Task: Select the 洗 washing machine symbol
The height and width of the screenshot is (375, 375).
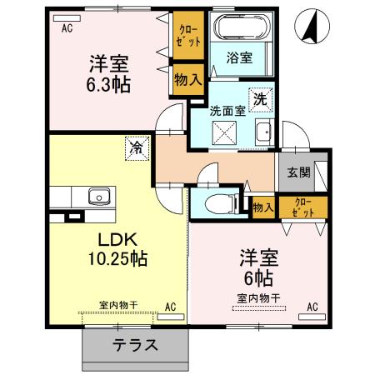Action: (x=261, y=97)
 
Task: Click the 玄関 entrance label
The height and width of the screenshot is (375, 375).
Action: (x=299, y=172)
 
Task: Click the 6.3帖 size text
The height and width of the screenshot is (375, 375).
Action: (x=112, y=83)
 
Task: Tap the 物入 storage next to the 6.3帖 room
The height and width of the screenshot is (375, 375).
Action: (x=187, y=81)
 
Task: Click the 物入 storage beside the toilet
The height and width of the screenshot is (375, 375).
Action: (x=262, y=207)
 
